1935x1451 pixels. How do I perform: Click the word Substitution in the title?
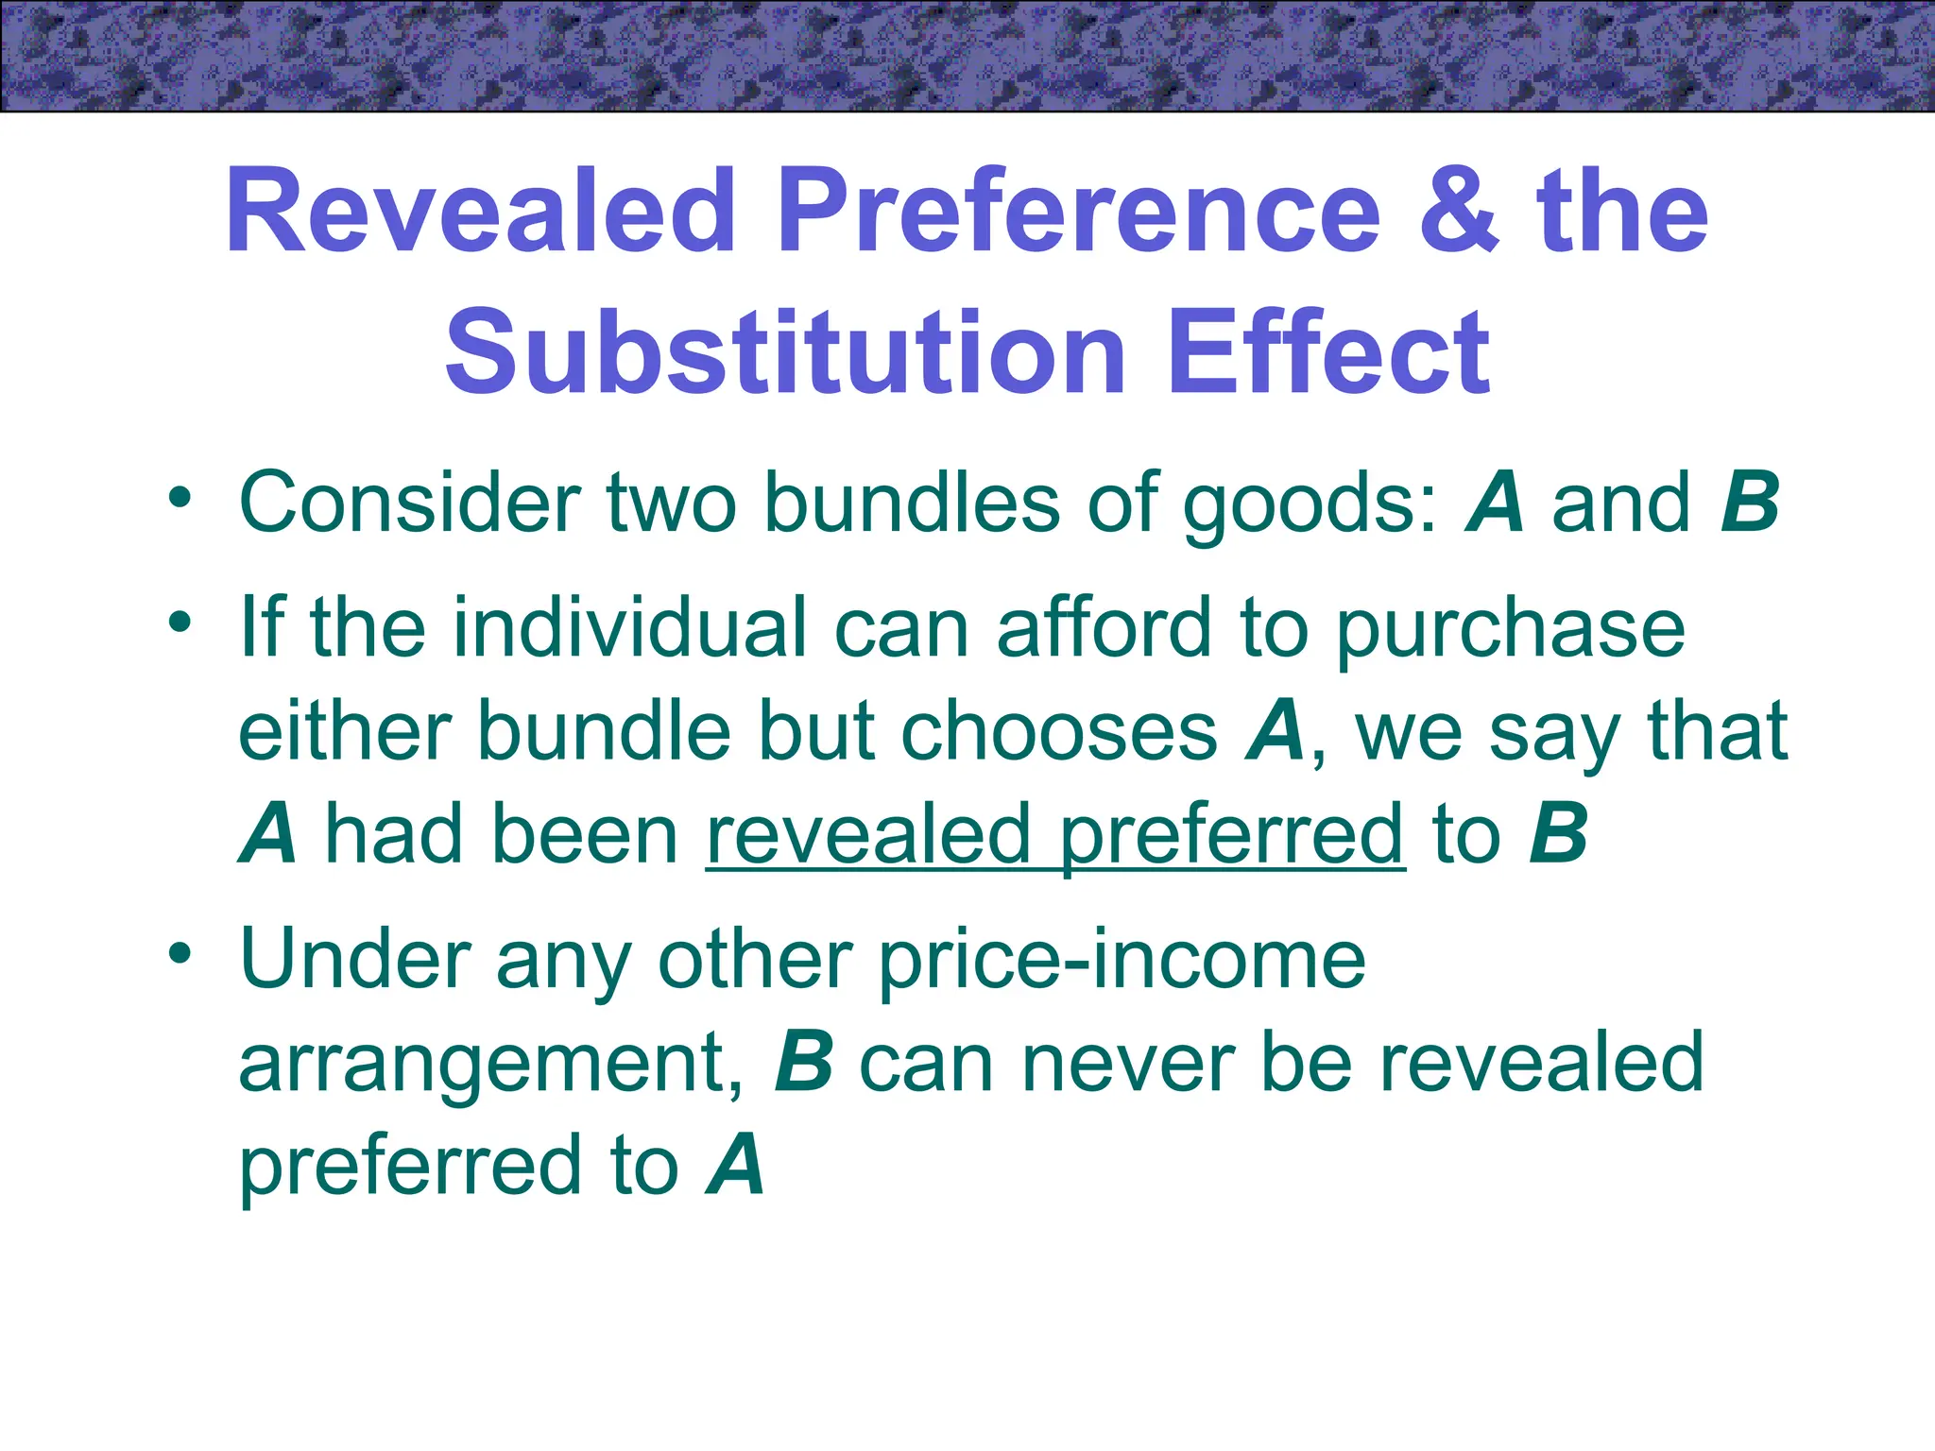(x=785, y=352)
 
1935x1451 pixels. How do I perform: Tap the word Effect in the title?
(x=1328, y=352)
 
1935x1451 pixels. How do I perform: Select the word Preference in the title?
(x=1079, y=212)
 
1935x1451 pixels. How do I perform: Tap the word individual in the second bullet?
(x=629, y=627)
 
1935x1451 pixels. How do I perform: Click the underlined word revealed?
(x=867, y=834)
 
